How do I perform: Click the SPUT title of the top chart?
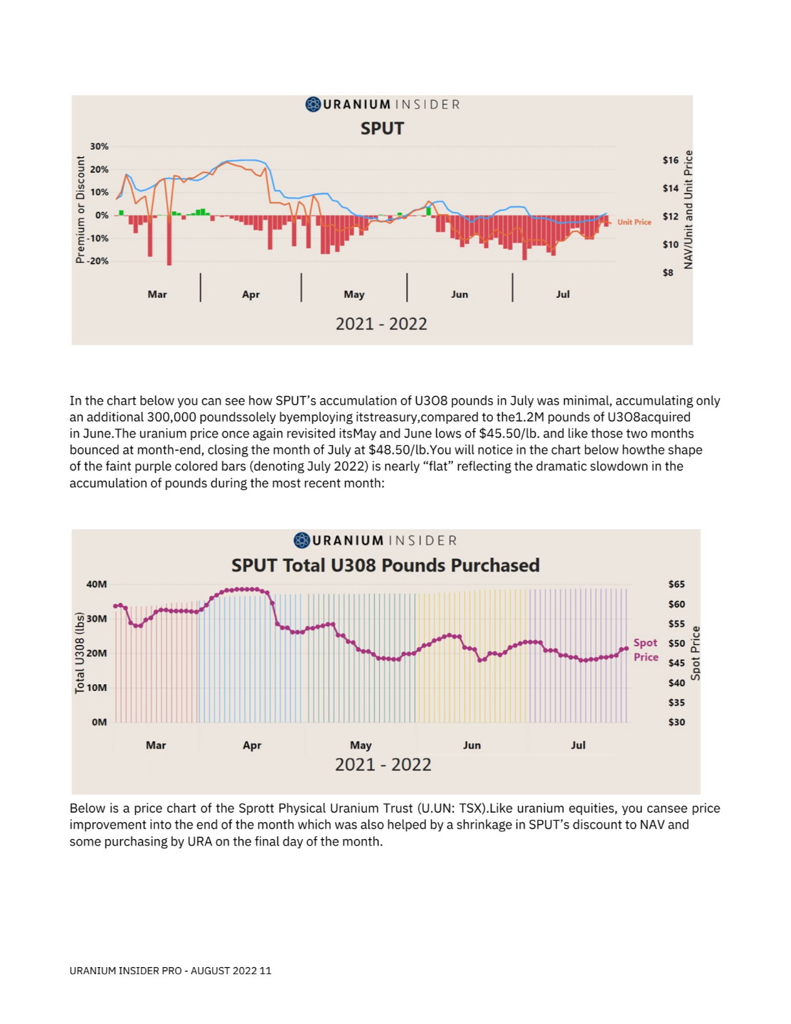382,129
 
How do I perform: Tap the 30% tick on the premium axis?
99,146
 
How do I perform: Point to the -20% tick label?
97,261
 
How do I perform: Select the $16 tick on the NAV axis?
670,160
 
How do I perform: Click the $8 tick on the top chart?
668,272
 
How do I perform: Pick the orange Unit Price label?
634,222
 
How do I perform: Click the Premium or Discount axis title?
80,209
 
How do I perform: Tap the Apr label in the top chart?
250,294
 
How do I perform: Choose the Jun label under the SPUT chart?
460,294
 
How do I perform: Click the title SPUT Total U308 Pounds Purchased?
385,565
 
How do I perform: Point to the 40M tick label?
96,585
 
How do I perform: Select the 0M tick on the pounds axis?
99,722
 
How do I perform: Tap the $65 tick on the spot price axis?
676,585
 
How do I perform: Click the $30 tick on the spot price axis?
676,722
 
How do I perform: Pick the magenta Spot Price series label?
646,650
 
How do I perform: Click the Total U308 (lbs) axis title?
80,653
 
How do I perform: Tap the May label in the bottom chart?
361,745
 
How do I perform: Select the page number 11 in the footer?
265,971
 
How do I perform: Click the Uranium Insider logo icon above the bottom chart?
302,540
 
